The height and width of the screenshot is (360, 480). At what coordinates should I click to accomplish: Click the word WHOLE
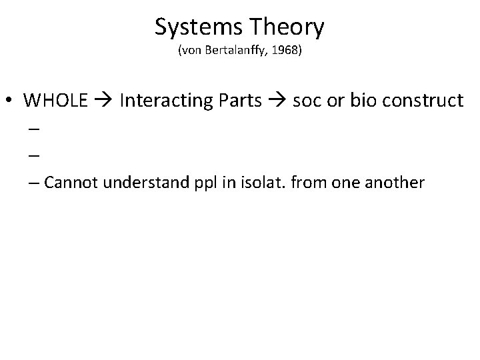click(55, 101)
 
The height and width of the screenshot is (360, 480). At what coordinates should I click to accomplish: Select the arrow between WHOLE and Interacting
click(104, 101)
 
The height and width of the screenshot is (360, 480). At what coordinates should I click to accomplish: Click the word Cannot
click(69, 183)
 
